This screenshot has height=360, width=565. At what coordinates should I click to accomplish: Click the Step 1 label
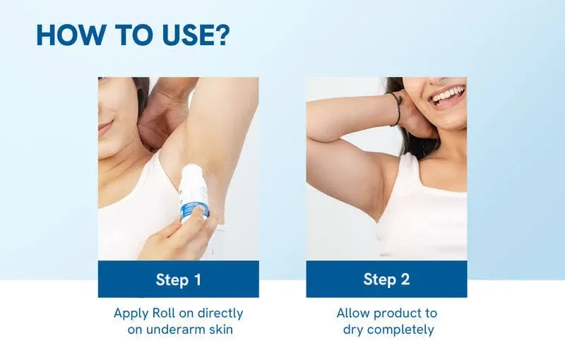tap(178, 279)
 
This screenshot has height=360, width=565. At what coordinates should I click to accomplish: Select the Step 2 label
tap(386, 279)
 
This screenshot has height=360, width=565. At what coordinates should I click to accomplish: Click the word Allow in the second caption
tap(353, 313)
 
